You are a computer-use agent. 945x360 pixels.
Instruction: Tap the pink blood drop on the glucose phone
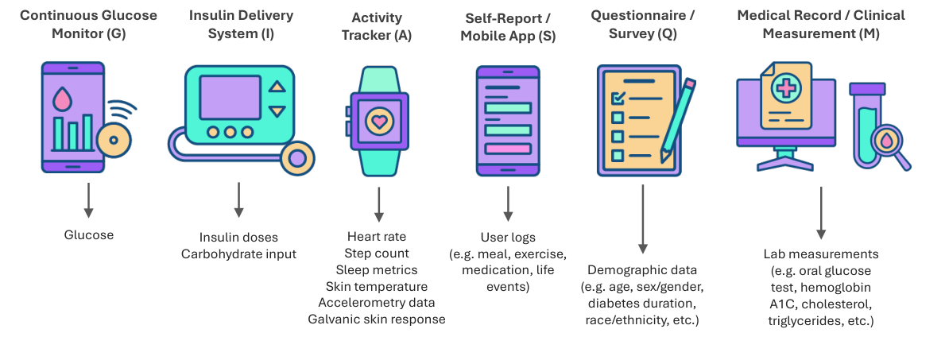pyautogui.click(x=61, y=99)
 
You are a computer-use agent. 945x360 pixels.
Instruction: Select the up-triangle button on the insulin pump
pyautogui.click(x=277, y=87)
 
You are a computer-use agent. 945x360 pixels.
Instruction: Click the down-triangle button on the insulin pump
pyautogui.click(x=277, y=111)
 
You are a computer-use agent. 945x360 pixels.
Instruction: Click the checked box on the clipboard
pyautogui.click(x=616, y=99)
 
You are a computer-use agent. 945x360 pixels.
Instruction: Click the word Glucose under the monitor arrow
pyautogui.click(x=89, y=234)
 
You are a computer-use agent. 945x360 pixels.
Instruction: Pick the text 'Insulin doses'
pyautogui.click(x=238, y=238)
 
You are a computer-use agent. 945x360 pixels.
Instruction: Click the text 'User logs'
pyautogui.click(x=508, y=237)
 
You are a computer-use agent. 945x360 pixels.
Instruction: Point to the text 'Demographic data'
pyautogui.click(x=641, y=270)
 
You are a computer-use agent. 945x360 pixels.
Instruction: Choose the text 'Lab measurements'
pyautogui.click(x=821, y=254)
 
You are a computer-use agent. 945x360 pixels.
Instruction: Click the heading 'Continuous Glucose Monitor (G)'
pyautogui.click(x=88, y=24)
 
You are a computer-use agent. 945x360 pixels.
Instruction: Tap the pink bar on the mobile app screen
pyautogui.click(x=508, y=149)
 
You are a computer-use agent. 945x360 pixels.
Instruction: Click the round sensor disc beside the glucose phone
pyautogui.click(x=114, y=140)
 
